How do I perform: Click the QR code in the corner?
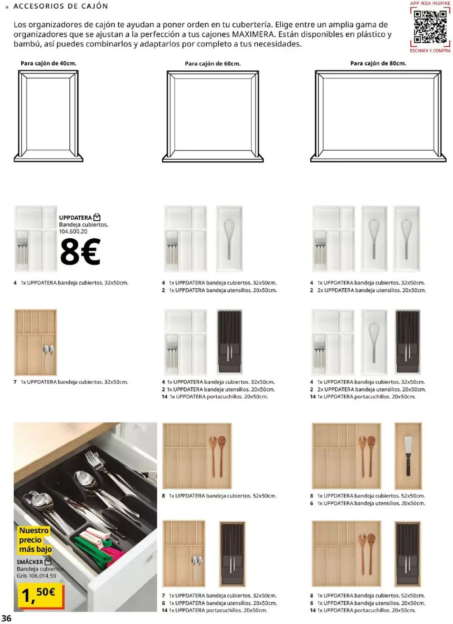tap(430, 26)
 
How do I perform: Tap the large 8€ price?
tap(80, 252)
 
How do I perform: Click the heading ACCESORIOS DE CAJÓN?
tap(61, 6)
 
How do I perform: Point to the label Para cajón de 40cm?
tap(48, 64)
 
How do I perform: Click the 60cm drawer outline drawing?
tap(213, 116)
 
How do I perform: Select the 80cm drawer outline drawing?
tap(378, 116)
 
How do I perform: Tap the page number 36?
tap(6, 618)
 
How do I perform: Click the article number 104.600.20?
tap(73, 231)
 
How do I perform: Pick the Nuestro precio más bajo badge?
tap(35, 540)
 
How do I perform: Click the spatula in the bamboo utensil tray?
tap(408, 456)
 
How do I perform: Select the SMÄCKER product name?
tap(30, 562)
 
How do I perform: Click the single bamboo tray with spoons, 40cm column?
tap(35, 343)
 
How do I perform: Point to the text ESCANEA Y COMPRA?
tap(430, 51)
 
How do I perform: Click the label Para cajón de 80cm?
tap(378, 64)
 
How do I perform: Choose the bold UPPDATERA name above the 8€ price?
tap(75, 218)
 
